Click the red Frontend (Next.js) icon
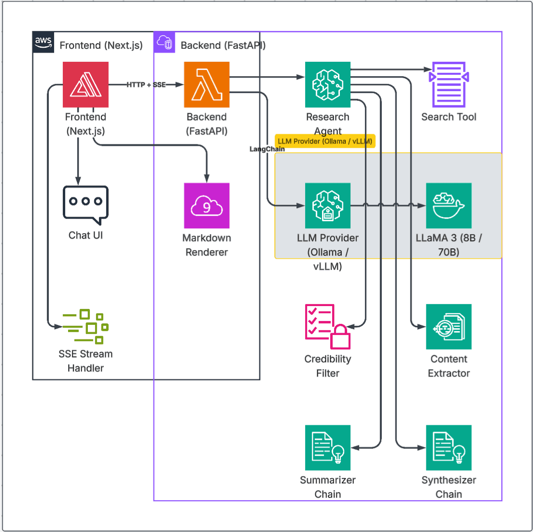pos(85,84)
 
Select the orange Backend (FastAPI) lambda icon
pos(207,84)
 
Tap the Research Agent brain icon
pos(328,84)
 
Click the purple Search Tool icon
pos(449,84)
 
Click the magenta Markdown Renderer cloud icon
pos(207,206)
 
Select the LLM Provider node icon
pos(328,206)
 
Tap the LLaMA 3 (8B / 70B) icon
pos(449,206)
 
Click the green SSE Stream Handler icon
pos(85,326)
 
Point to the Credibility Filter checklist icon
pos(328,326)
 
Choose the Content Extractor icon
pos(449,326)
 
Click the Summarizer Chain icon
pos(328,448)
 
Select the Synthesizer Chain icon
pos(449,448)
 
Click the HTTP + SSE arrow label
pos(146,84)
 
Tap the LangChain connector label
pos(267,149)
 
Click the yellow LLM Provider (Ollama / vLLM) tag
pos(325,141)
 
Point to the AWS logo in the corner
pos(43,42)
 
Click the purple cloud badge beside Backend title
pos(165,42)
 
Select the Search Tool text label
pos(449,117)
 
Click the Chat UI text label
pos(85,235)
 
